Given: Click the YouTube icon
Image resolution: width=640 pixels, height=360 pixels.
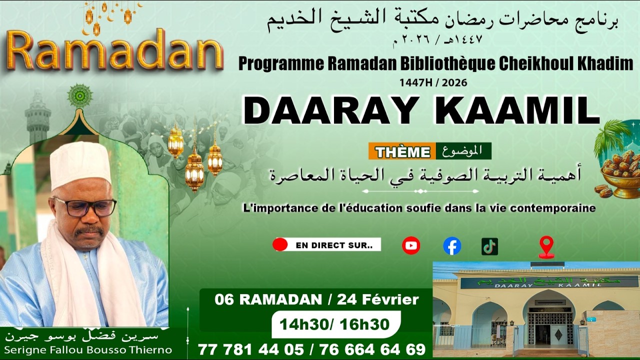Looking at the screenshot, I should tap(411, 245).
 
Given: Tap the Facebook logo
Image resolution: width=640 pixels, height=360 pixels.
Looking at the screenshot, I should tap(452, 246).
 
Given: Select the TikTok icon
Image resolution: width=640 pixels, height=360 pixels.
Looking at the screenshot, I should tap(489, 246).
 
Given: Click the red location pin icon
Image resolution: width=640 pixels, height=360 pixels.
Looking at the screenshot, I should tap(546, 246).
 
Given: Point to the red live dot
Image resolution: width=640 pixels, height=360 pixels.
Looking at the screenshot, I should tap(280, 245).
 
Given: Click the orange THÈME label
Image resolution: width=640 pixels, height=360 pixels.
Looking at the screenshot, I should tap(402, 151).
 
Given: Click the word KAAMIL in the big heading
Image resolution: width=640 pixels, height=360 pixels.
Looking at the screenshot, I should tap(521, 111).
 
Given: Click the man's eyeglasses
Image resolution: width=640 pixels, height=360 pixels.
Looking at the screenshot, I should tap(85, 206).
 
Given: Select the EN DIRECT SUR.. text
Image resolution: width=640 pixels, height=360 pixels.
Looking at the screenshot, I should tap(327, 245).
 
